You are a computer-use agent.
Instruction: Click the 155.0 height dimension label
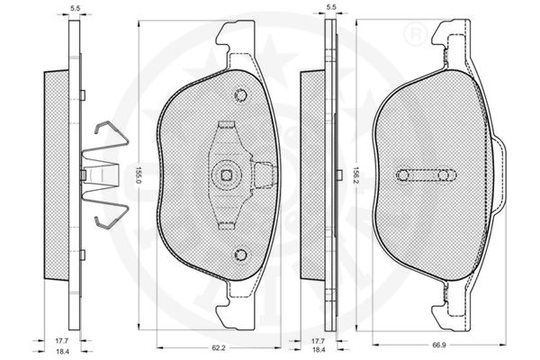pos(138,175)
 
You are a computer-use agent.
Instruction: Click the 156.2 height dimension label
pos(355,175)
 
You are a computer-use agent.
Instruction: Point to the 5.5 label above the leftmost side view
pos(75,9)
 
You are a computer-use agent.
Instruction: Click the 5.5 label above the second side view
pos(331,7)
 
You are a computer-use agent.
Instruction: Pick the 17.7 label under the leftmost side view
pos(61,341)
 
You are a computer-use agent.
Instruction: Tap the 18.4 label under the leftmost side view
pos(62,351)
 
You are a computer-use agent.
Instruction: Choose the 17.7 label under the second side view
pos(318,341)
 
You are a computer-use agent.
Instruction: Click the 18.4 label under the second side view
pos(319,350)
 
